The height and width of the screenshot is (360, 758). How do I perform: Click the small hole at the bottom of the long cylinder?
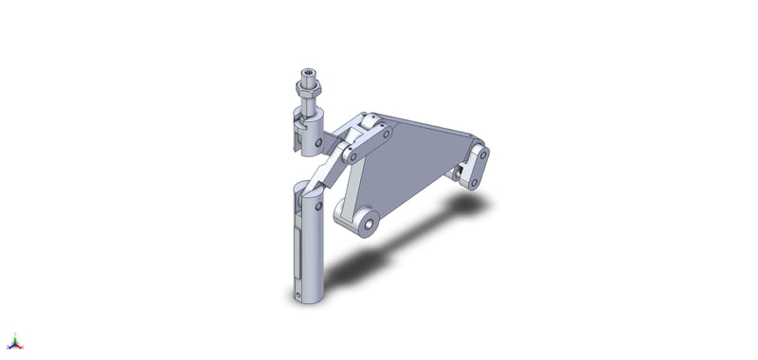[x=300, y=296]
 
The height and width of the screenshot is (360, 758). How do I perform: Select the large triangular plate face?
[x=407, y=161]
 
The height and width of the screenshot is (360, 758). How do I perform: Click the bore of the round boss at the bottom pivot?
[x=364, y=225]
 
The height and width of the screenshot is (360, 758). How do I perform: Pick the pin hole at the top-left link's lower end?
[x=353, y=156]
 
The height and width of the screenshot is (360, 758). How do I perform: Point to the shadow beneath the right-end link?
[x=468, y=203]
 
